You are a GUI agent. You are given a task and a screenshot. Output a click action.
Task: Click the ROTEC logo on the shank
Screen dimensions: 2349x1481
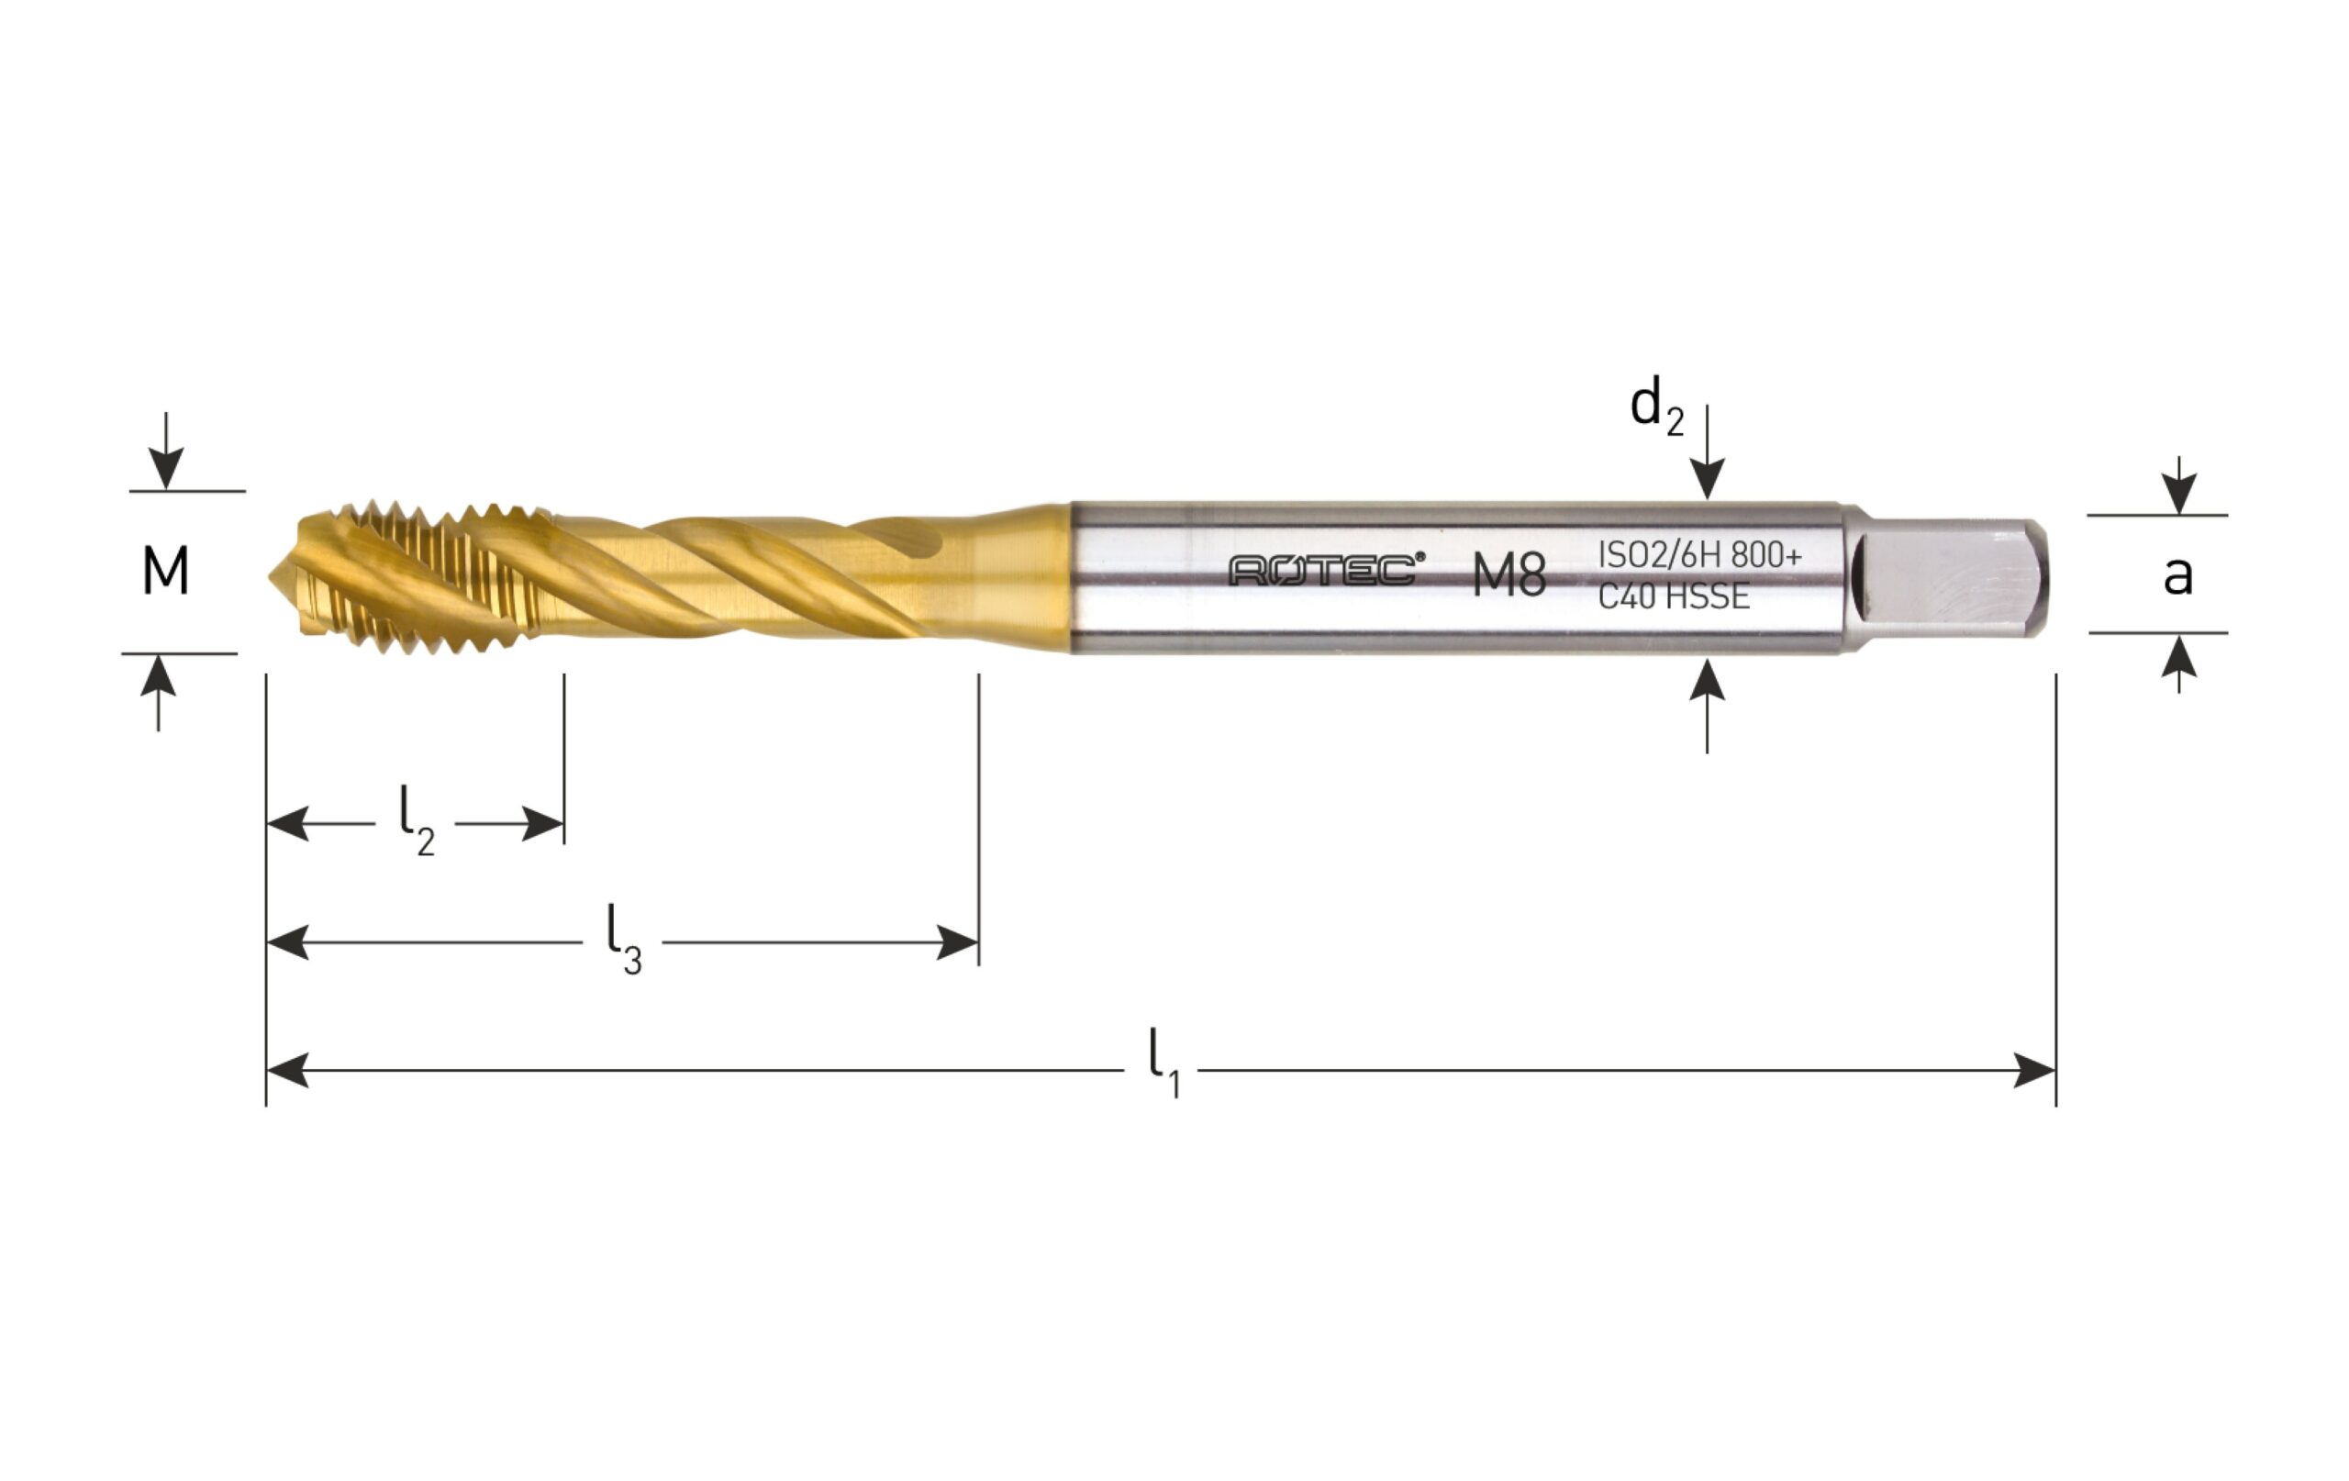pyautogui.click(x=1326, y=570)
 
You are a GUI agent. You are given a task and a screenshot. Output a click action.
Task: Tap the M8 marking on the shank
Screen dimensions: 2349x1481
pyautogui.click(x=1509, y=574)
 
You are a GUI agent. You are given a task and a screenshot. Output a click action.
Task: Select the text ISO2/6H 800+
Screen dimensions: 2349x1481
pyautogui.click(x=1699, y=554)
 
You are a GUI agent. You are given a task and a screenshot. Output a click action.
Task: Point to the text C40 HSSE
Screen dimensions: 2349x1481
pyautogui.click(x=1673, y=596)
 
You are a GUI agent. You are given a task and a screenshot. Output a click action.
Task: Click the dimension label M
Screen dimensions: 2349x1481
pyautogui.click(x=165, y=572)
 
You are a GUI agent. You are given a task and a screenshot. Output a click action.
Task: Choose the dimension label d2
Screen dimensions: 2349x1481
pyautogui.click(x=1656, y=406)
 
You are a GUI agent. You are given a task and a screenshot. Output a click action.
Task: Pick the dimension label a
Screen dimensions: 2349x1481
pyautogui.click(x=2177, y=575)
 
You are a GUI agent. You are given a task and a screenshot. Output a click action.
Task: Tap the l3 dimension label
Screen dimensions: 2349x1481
pyautogui.click(x=624, y=940)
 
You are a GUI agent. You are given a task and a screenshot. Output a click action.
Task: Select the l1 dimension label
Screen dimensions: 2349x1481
pyautogui.click(x=1163, y=1063)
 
